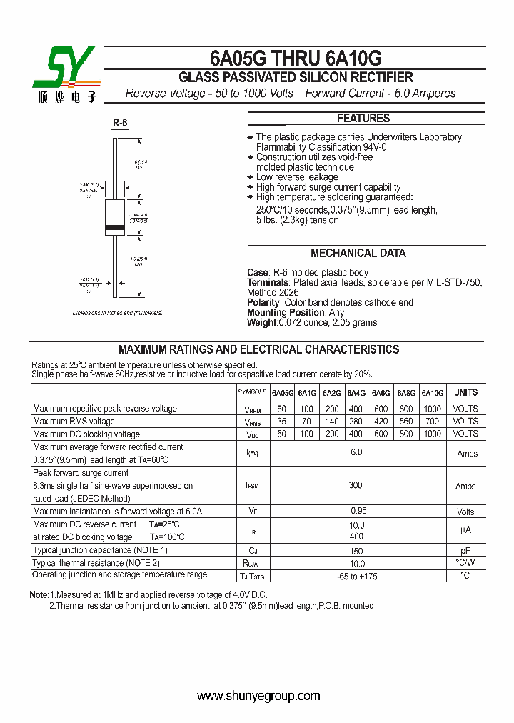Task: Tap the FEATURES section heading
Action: [x=363, y=119]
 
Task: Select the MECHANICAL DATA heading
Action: [x=358, y=253]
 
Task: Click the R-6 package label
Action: [x=120, y=123]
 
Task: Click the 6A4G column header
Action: [x=356, y=393]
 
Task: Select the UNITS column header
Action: [x=465, y=393]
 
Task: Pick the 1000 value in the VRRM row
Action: [x=432, y=409]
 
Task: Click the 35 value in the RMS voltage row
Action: [x=282, y=422]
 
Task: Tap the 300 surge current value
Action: [x=356, y=485]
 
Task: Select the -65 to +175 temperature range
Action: [x=356, y=576]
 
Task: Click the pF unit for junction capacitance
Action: [x=465, y=551]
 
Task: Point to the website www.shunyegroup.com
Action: [x=258, y=696]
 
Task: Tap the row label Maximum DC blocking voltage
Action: [x=86, y=434]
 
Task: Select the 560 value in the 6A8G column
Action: [x=406, y=422]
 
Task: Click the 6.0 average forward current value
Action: [x=356, y=453]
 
